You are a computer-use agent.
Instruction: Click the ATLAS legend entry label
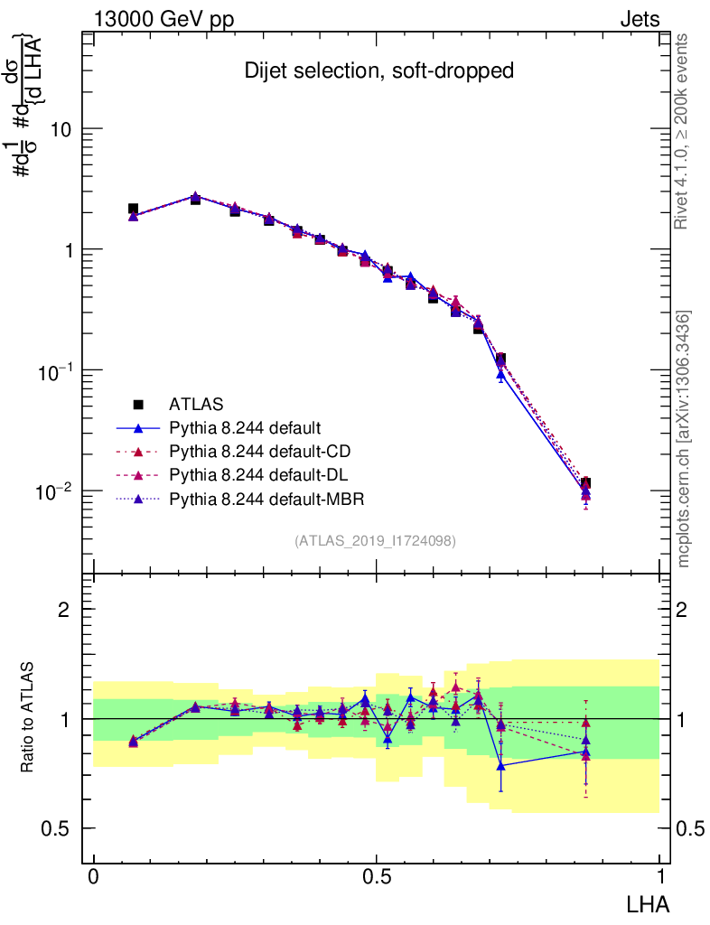tap(196, 403)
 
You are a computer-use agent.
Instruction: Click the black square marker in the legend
tap(138, 403)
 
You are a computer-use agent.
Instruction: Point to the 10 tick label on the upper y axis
tap(61, 129)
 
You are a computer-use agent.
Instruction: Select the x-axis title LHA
tap(649, 902)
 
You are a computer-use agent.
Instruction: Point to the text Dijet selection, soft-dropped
tap(379, 71)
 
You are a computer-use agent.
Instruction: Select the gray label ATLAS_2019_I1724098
tap(375, 541)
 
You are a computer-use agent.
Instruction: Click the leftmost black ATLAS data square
tap(133, 209)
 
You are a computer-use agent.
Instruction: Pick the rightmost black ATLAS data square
tap(586, 483)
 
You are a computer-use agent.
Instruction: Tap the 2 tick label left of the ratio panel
tap(63, 610)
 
